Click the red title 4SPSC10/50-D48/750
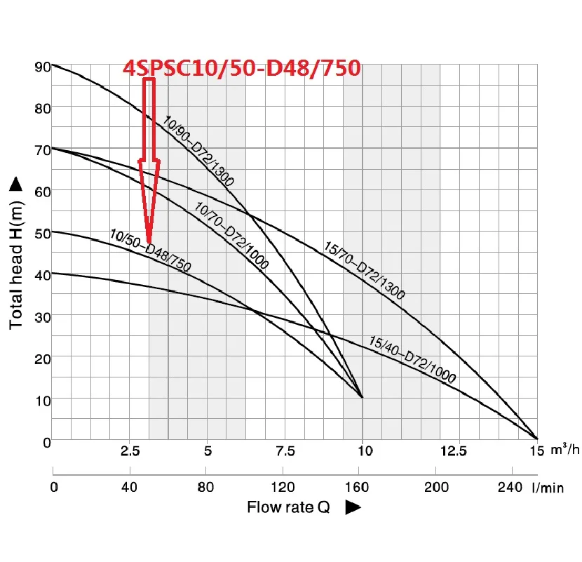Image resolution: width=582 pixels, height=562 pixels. [x=242, y=68]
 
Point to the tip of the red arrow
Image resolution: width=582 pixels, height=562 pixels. [x=149, y=242]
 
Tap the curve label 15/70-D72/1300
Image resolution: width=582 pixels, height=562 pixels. [x=365, y=270]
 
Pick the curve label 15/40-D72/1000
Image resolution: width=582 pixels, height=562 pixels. [x=412, y=359]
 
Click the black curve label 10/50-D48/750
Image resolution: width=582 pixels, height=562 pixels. [x=151, y=250]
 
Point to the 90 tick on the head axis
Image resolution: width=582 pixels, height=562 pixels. [x=41, y=67]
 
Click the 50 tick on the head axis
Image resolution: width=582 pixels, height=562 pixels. [x=41, y=233]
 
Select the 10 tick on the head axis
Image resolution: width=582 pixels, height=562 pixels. [x=41, y=400]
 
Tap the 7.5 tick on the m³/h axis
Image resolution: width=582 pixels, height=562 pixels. [x=285, y=450]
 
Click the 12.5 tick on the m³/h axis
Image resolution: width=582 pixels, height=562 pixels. [x=440, y=450]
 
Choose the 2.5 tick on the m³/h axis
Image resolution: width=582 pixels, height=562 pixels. [x=131, y=450]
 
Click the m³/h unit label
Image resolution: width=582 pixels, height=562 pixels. [x=565, y=450]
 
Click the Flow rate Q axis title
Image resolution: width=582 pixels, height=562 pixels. [x=288, y=507]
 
